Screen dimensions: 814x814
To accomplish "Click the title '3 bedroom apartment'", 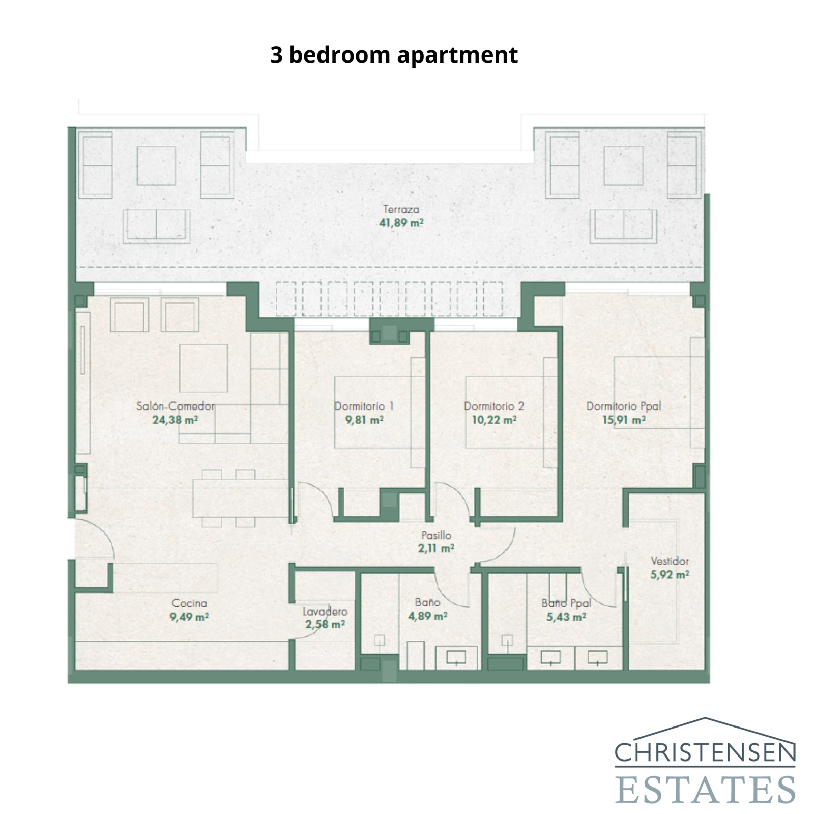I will click(x=394, y=55).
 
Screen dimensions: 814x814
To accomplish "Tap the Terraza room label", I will click(x=401, y=209).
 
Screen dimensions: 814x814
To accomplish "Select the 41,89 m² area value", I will click(x=401, y=223).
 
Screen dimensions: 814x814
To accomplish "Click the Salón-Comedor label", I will click(x=176, y=406).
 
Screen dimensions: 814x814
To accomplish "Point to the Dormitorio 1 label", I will click(x=364, y=406).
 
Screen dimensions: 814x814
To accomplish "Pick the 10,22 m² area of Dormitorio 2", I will click(x=494, y=420).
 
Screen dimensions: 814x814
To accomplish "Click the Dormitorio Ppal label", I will click(x=624, y=406).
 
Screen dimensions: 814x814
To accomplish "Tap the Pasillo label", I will click(x=436, y=535).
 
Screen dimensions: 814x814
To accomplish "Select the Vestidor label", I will click(x=670, y=561).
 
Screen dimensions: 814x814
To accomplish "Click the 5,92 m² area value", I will click(x=670, y=575).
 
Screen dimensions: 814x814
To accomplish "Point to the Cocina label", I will click(x=189, y=603).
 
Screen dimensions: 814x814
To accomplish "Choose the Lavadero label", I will click(x=325, y=612).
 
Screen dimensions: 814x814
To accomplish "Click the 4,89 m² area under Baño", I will click(x=427, y=616).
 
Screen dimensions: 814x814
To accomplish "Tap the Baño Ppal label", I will click(x=566, y=603).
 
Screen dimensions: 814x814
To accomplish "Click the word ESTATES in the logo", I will click(x=705, y=789).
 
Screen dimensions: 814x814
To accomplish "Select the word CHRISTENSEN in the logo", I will click(x=705, y=752).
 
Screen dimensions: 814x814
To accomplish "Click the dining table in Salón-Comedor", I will click(x=240, y=498).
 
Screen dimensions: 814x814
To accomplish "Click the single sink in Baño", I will click(x=456, y=658).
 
